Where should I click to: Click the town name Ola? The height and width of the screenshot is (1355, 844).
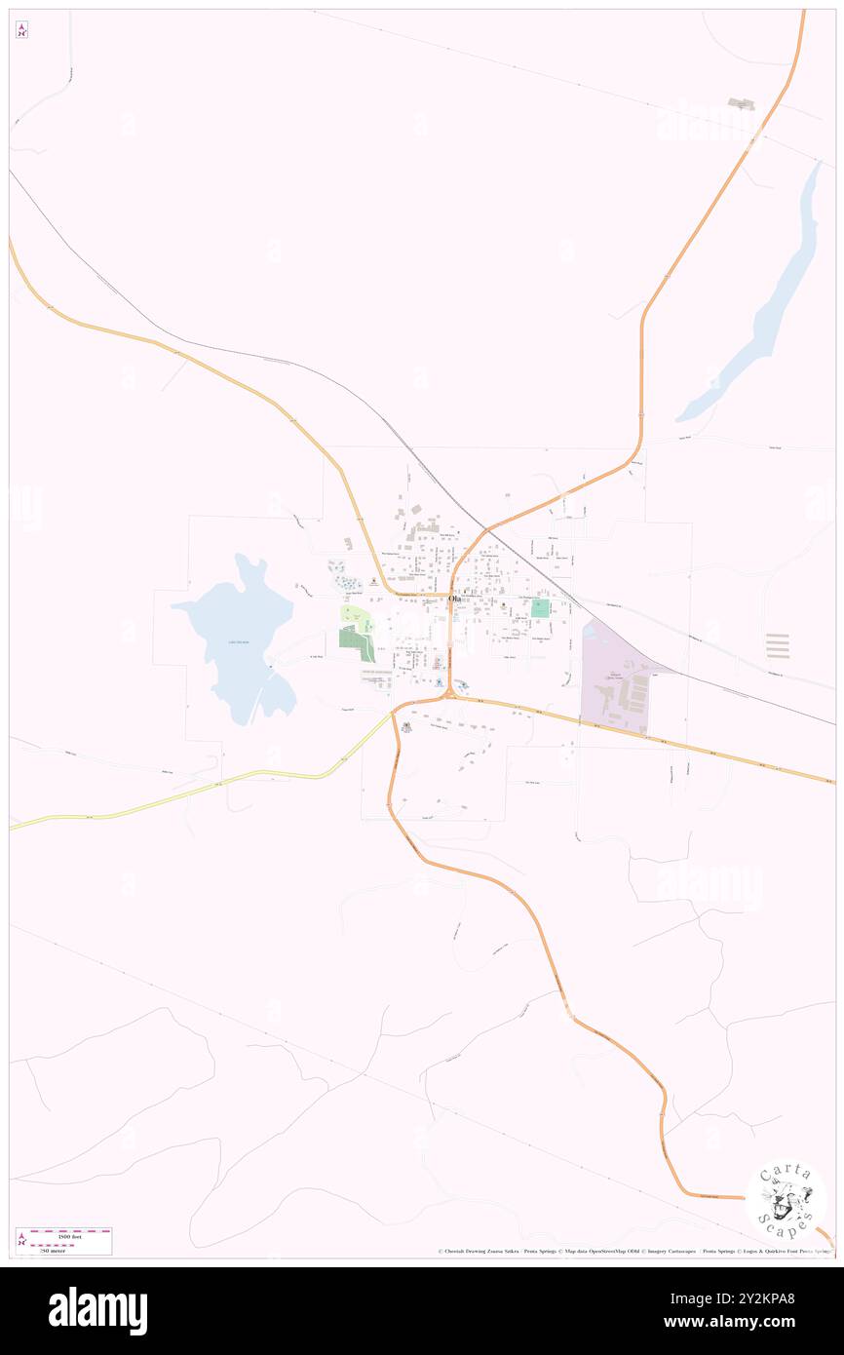[x=454, y=599]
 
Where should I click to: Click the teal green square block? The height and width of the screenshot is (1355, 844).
[x=540, y=608]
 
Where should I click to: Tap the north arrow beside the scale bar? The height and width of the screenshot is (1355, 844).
[x=22, y=1240]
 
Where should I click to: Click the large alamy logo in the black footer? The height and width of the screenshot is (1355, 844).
[x=97, y=1311]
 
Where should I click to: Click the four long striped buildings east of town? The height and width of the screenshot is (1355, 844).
[x=778, y=645]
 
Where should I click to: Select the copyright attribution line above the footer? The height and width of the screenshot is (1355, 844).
[x=633, y=1251]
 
